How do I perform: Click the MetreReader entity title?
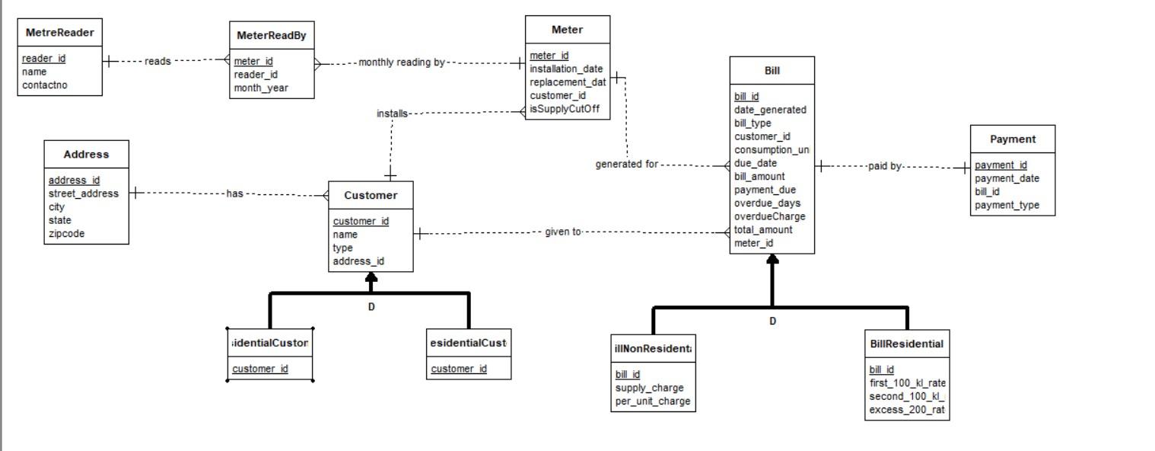click(x=59, y=33)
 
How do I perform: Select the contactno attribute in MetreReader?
click(x=45, y=85)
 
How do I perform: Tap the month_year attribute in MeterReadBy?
click(x=261, y=88)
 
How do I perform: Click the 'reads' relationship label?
click(x=157, y=61)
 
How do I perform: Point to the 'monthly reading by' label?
click(x=401, y=62)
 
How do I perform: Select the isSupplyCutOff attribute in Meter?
click(x=565, y=109)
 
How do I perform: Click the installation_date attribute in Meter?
click(x=566, y=69)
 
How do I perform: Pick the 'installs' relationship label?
click(x=392, y=114)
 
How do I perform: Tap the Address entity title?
click(x=86, y=154)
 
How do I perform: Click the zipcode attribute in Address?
click(x=67, y=234)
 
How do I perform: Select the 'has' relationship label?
click(x=234, y=194)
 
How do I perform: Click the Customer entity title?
click(x=371, y=195)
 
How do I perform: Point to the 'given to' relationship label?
click(x=562, y=232)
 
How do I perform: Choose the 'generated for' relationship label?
click(x=626, y=164)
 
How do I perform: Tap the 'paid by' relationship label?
click(x=884, y=166)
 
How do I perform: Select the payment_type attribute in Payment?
click(x=1007, y=205)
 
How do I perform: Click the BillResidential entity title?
click(x=906, y=344)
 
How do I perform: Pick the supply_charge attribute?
click(x=649, y=388)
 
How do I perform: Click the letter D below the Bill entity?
click(x=772, y=321)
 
